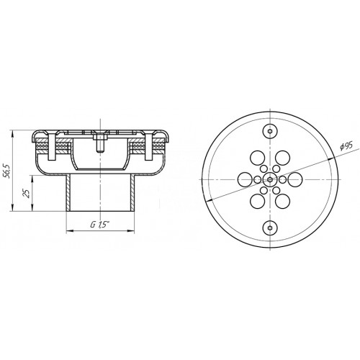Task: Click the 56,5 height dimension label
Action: point(7,171)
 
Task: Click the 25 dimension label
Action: point(27,193)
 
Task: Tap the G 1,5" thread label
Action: point(99,225)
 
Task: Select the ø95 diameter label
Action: point(346,145)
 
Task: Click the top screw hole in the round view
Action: point(270,131)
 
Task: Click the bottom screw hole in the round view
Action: point(270,228)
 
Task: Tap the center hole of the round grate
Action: point(270,179)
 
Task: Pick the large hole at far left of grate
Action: point(245,179)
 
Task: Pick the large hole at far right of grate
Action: point(295,179)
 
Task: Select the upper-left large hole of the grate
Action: point(258,158)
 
